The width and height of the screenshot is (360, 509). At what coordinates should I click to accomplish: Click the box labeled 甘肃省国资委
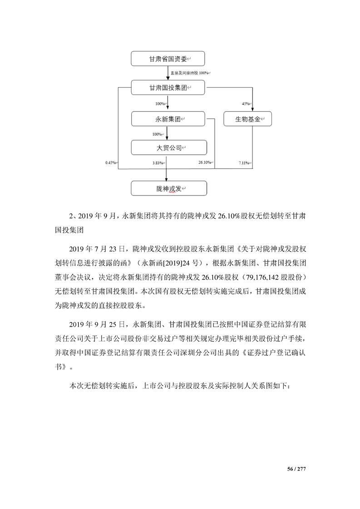pos(168,59)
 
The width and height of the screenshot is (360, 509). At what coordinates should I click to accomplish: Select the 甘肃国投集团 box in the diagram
pos(168,88)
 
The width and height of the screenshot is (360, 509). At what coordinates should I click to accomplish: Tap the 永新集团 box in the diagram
pos(168,119)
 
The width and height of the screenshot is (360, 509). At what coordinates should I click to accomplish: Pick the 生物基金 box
pos(247,119)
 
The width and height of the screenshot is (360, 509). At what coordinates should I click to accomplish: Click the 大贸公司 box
pos(168,147)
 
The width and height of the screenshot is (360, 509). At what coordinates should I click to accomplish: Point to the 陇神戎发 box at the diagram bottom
pos(168,188)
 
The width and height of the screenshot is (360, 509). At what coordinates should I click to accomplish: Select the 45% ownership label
pos(246,104)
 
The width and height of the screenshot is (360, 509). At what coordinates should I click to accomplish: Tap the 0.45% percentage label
pos(110,162)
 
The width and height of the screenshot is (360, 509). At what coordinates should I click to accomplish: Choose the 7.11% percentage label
pos(243,162)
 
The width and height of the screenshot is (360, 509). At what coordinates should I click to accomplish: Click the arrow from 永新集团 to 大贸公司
pos(168,133)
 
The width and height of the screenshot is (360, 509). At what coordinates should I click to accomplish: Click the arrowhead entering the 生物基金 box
pos(253,109)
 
